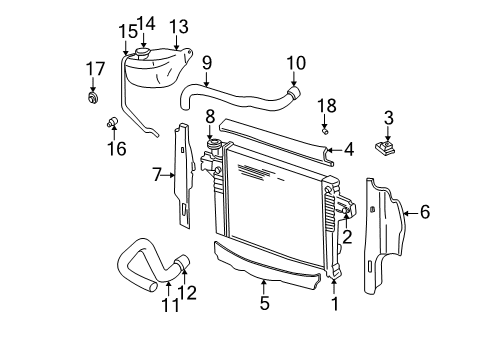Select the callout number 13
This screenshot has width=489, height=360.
[178, 27]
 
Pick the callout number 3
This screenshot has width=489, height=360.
[389, 119]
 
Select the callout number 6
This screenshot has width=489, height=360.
[424, 211]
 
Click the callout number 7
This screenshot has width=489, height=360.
[157, 174]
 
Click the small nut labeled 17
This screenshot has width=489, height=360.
[93, 98]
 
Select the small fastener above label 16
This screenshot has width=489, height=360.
[113, 123]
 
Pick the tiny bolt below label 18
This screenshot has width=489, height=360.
[325, 129]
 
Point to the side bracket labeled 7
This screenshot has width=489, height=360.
[184, 170]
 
